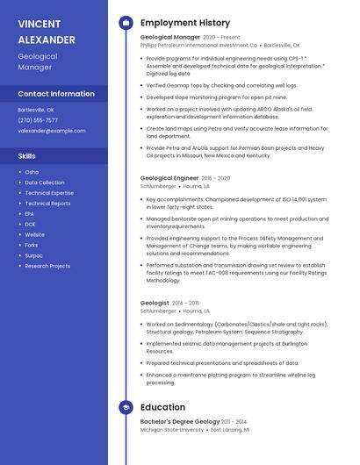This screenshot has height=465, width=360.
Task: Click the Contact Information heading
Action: click(x=56, y=94)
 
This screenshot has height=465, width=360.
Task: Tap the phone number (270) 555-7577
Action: click(x=38, y=120)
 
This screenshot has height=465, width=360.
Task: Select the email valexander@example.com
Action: click(x=52, y=131)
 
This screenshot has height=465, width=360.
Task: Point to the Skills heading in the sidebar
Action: click(x=27, y=156)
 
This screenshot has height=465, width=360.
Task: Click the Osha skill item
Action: click(x=32, y=172)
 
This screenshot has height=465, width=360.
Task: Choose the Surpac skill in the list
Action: click(x=34, y=255)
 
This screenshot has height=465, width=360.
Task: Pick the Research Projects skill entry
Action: click(x=47, y=266)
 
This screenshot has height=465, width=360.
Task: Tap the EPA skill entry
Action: click(x=30, y=213)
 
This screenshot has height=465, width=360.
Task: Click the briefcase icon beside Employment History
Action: click(x=126, y=23)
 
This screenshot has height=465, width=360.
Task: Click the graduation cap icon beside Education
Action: click(x=126, y=407)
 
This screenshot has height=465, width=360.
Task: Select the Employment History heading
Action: click(x=184, y=23)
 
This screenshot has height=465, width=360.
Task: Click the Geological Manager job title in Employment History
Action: click(x=170, y=38)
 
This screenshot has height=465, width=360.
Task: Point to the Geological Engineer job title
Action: click(x=169, y=178)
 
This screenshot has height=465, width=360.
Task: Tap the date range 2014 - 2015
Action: click(x=185, y=303)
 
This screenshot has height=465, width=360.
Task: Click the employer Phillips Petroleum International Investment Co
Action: click(x=198, y=45)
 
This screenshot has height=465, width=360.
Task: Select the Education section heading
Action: click(x=162, y=407)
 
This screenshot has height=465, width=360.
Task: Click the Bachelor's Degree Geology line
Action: click(x=180, y=423)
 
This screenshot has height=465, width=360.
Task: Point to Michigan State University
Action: click(x=172, y=431)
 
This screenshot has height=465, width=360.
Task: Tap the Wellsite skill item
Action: click(x=35, y=234)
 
